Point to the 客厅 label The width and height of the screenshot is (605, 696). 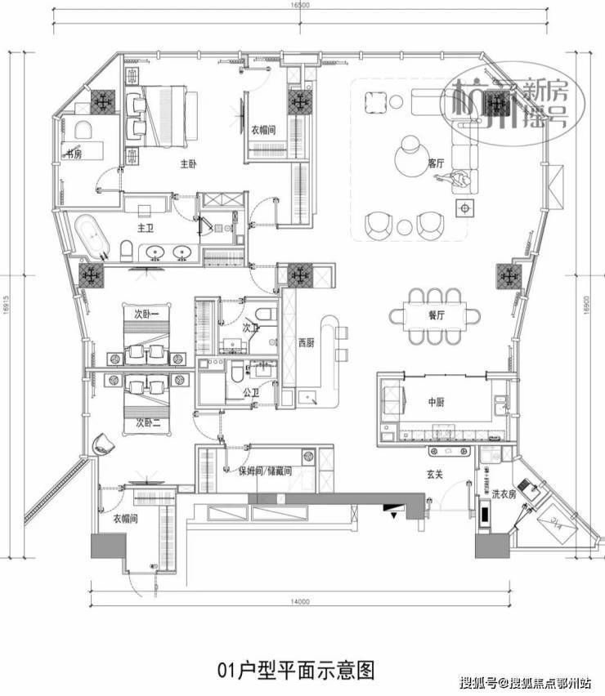437,163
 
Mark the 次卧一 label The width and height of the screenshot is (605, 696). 147,312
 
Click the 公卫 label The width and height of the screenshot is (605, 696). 251,392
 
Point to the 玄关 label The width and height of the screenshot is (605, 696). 432,474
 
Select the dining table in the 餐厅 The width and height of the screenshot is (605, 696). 434,315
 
